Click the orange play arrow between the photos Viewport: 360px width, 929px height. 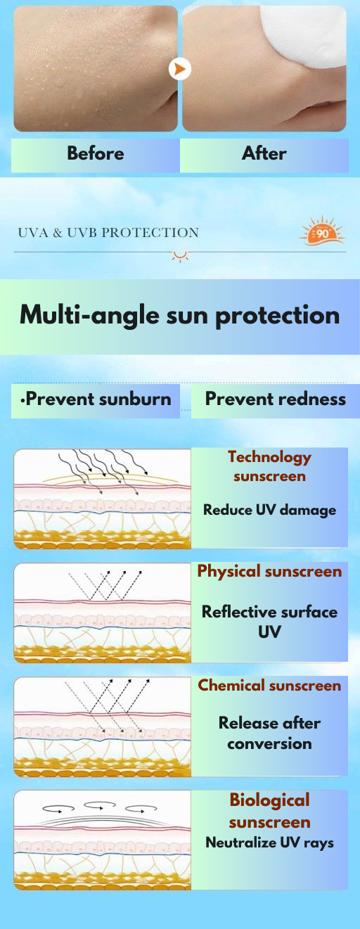point(179,69)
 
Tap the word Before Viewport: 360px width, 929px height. point(96,153)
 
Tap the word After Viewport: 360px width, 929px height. point(264,153)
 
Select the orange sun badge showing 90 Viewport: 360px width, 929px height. point(322,231)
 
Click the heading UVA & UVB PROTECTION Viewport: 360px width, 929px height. point(108,233)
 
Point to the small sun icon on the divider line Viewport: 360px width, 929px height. point(180,256)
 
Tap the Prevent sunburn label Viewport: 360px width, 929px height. point(96,399)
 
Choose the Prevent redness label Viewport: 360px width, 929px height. point(276,399)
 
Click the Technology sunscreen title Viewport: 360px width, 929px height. point(269,466)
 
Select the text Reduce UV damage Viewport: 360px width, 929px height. point(269,510)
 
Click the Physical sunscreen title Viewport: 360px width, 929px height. point(269,572)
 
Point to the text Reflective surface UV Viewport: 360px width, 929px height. point(269,622)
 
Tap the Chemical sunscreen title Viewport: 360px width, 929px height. point(269,686)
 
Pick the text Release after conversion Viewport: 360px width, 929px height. point(269,733)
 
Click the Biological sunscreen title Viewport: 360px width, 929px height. point(269,811)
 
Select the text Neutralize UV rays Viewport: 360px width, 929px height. point(269,842)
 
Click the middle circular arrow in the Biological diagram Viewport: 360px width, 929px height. point(100,805)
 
